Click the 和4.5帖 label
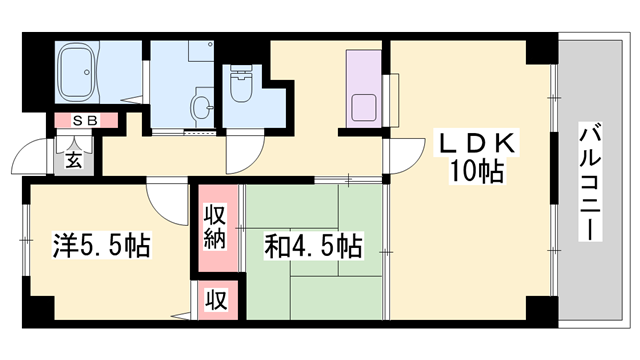(312, 245)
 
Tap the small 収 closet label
(215, 299)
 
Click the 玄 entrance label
(73, 158)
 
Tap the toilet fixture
(240, 84)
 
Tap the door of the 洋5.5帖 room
(160, 197)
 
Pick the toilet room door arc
(243, 150)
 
